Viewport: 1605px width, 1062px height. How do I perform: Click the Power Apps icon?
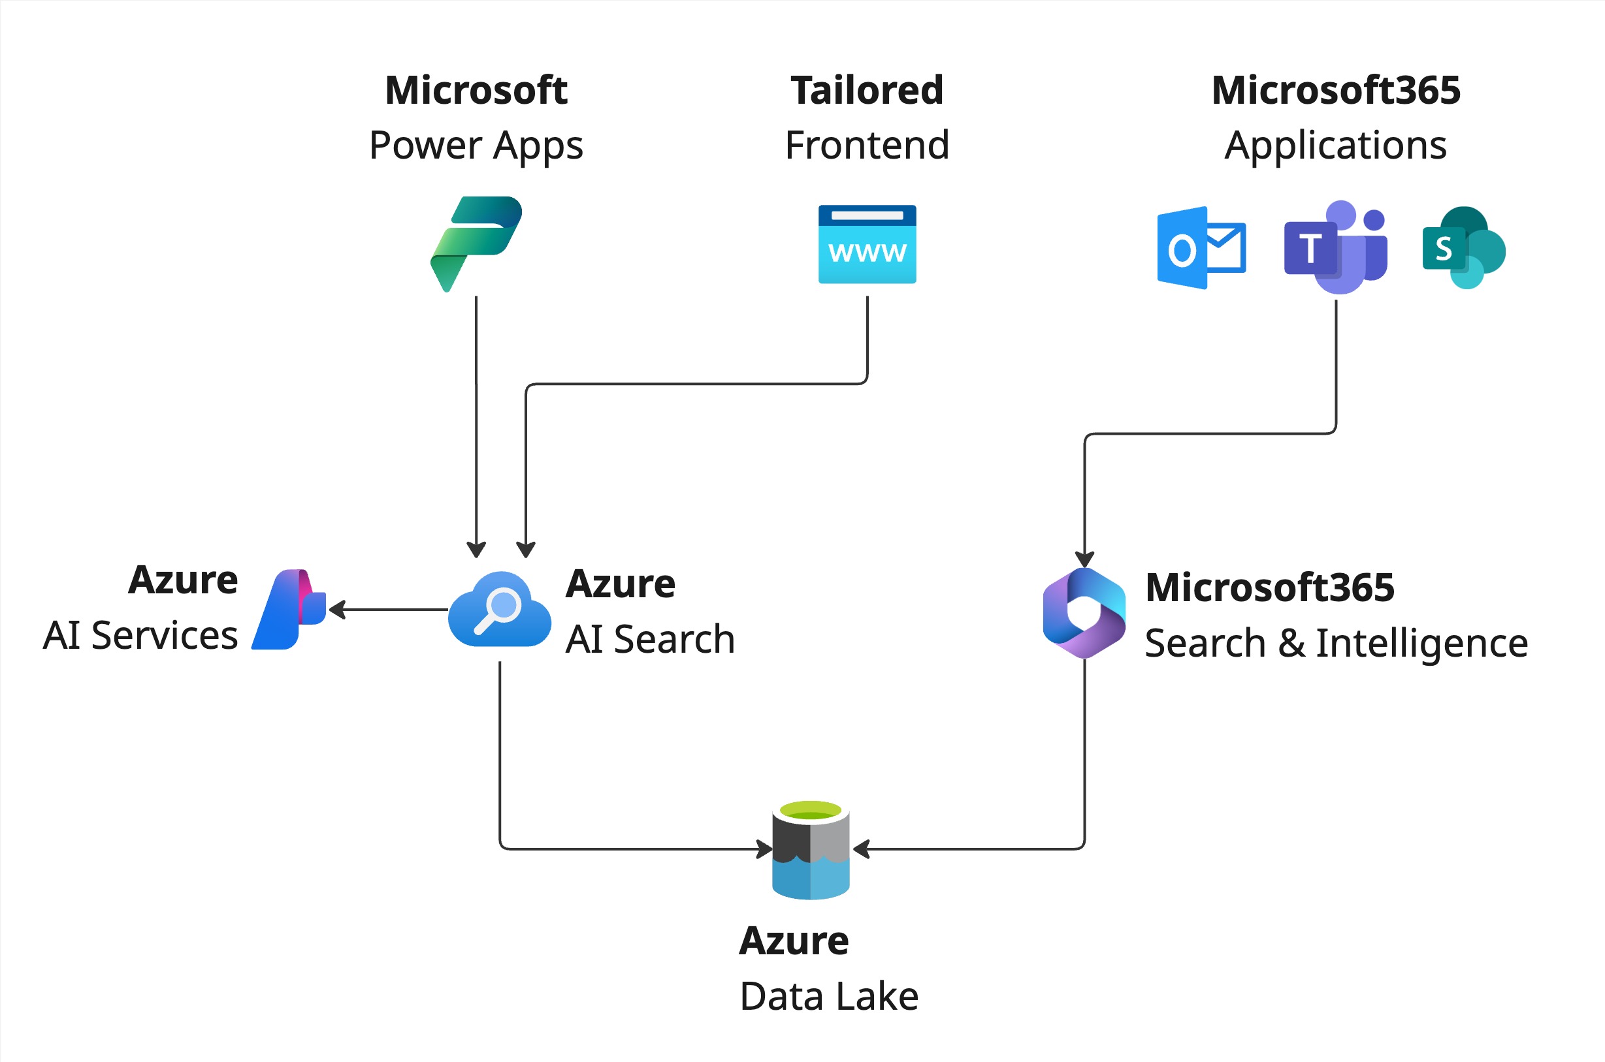tap(476, 243)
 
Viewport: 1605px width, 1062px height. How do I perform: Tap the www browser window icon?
tap(867, 244)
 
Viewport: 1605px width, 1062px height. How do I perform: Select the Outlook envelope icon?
tap(1201, 248)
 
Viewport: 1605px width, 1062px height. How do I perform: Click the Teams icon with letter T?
tap(1335, 247)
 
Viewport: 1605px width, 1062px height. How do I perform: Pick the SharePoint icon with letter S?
tap(1463, 248)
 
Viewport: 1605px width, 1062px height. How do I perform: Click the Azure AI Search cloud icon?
tap(500, 610)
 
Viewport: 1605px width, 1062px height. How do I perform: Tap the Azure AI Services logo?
tap(289, 610)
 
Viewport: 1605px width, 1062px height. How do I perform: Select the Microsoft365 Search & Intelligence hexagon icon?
tap(1084, 613)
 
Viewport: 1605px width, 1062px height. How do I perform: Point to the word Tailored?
tap(867, 90)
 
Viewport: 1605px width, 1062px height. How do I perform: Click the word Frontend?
tap(867, 145)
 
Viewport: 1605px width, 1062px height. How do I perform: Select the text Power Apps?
tap(476, 146)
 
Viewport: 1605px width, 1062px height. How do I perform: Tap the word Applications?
tap(1335, 146)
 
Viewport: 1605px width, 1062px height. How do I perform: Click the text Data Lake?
tap(829, 996)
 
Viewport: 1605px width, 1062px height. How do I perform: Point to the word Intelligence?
tap(1421, 643)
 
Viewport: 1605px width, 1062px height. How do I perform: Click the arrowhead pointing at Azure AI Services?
tap(337, 610)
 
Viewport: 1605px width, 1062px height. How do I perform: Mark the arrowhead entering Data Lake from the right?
tap(861, 849)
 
